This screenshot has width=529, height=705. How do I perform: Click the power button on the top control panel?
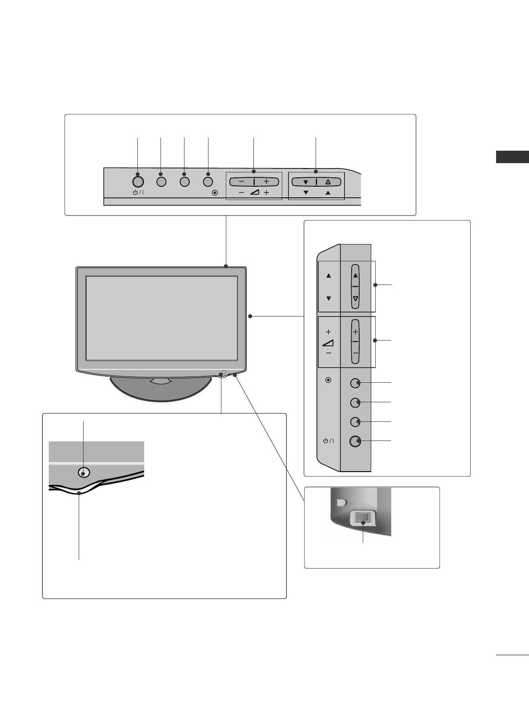(x=138, y=182)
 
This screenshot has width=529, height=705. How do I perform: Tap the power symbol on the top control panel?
(x=138, y=193)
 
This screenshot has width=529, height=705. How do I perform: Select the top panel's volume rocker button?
(x=254, y=181)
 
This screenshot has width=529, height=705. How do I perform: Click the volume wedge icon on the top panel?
(x=254, y=193)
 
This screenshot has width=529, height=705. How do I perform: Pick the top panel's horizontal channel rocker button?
(x=316, y=181)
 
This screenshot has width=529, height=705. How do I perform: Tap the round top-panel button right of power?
(x=161, y=182)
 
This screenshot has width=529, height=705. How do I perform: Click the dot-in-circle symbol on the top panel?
(x=215, y=193)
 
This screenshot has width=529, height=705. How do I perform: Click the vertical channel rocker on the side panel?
(x=355, y=286)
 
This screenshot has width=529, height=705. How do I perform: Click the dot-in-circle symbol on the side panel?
(x=329, y=381)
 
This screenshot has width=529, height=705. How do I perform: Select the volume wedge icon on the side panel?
(x=329, y=342)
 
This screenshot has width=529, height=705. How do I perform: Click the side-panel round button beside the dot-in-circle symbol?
(x=355, y=383)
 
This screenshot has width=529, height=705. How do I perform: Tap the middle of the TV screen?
(x=161, y=318)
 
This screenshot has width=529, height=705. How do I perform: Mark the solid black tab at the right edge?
(x=513, y=157)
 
